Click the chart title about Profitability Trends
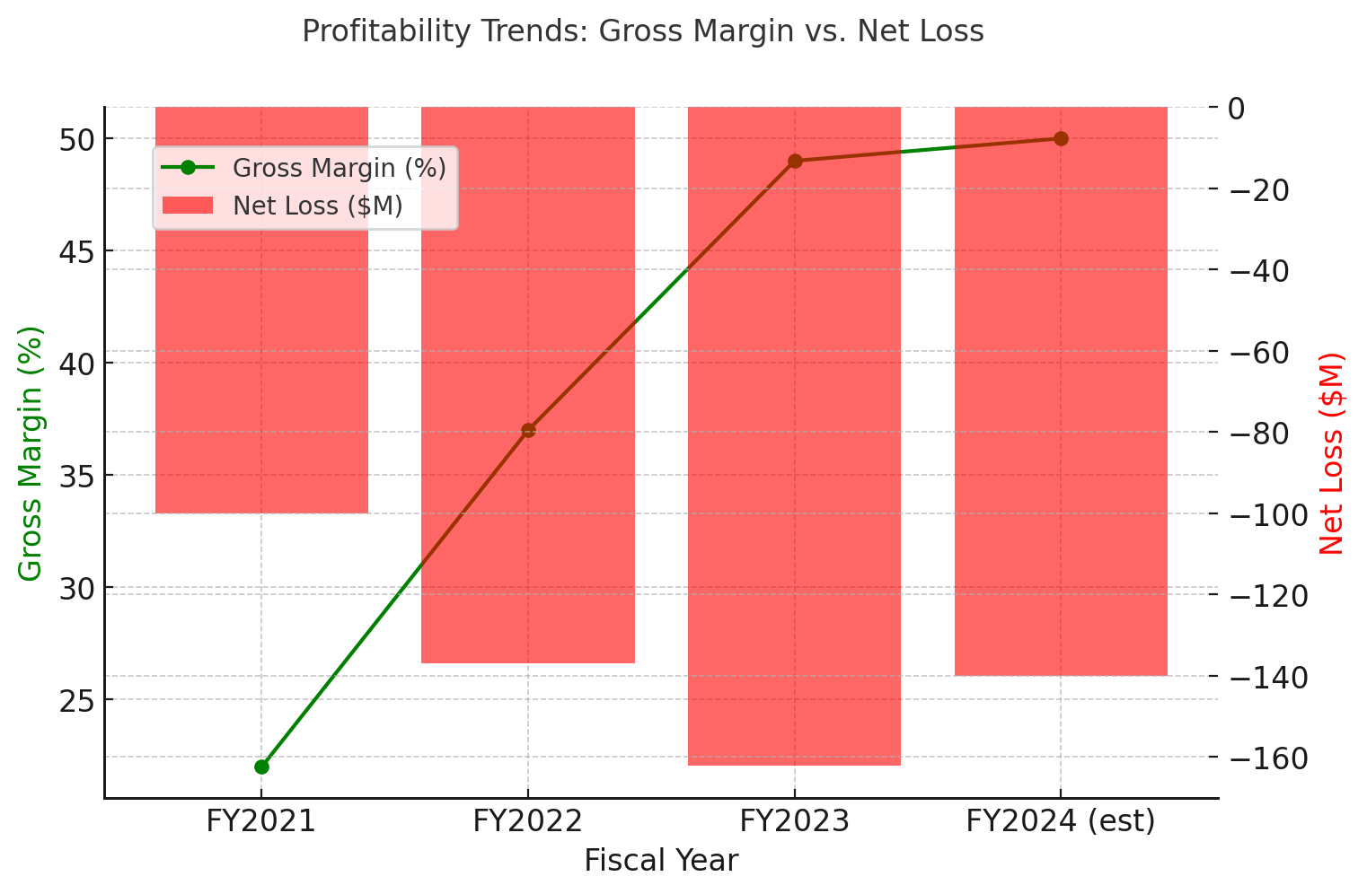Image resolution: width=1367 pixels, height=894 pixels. pos(642,31)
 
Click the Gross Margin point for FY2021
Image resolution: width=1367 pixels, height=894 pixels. pos(261,767)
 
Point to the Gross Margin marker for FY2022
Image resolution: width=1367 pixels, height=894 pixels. pos(528,430)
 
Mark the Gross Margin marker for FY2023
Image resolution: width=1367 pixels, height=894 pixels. pos(795,161)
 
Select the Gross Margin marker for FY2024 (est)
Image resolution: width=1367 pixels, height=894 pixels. pos(1061,138)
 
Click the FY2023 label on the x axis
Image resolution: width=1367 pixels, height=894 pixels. pos(794,821)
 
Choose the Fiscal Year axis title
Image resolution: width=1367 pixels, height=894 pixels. pos(661,861)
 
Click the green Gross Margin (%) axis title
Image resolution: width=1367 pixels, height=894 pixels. pos(31,453)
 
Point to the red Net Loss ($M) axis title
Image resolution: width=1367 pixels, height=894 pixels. pos(1332,453)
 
